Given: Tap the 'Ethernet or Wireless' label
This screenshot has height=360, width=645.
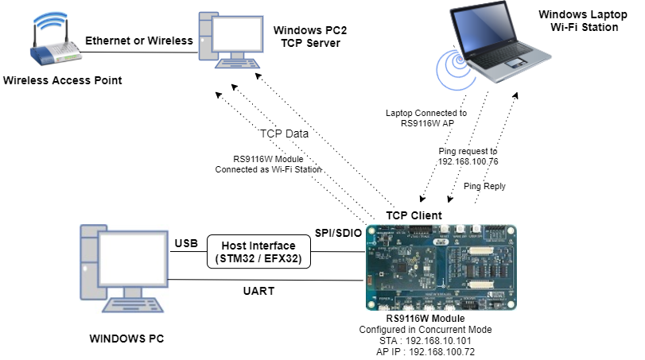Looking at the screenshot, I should [138, 41].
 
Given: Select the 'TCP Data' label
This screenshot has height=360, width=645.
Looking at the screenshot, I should [283, 134].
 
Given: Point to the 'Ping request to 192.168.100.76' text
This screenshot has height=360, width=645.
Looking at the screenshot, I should [468, 156].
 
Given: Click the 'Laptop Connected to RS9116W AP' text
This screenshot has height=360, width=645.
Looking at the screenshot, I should [428, 119].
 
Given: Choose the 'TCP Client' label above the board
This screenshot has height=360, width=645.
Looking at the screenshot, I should [414, 215].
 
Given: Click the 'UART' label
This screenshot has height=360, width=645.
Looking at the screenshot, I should [259, 292].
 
